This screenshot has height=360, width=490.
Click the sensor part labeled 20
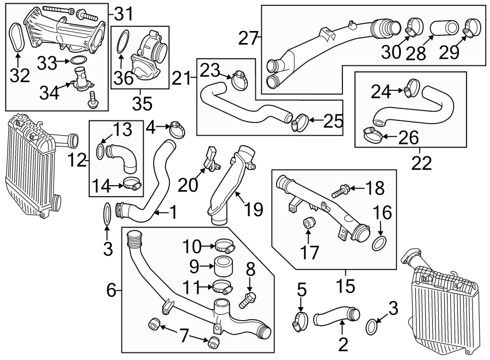(x=212, y=157)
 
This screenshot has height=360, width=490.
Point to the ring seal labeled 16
(x=379, y=242)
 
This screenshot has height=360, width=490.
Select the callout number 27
(x=248, y=38)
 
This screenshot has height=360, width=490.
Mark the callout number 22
(x=420, y=162)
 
